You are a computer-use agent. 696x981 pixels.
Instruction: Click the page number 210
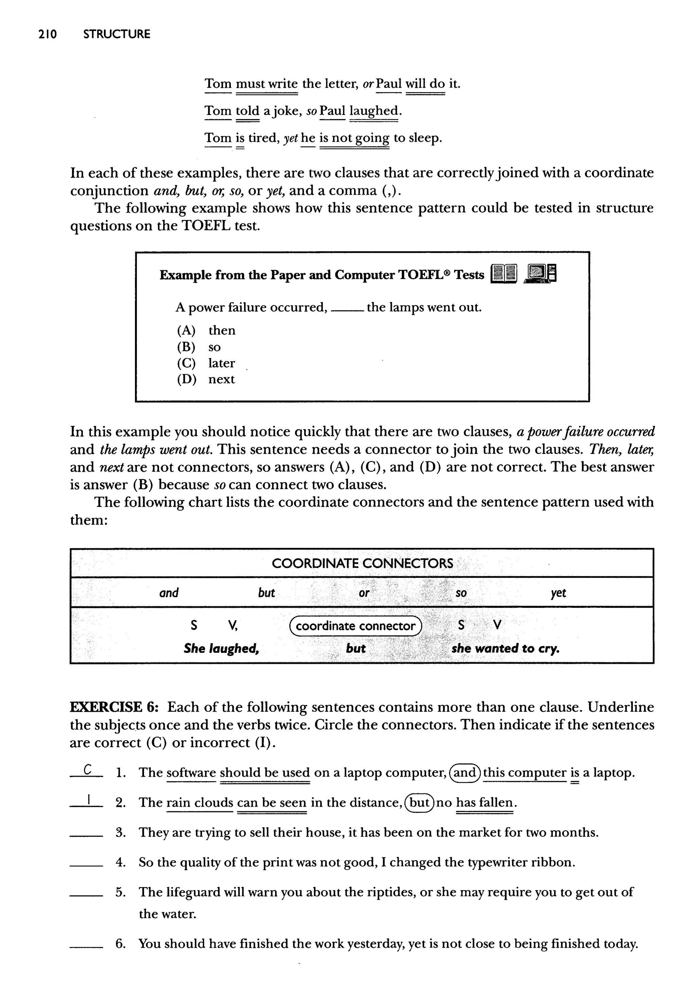47,34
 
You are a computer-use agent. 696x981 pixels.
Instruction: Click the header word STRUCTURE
117,34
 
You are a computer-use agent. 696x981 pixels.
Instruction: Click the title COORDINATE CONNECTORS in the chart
362,563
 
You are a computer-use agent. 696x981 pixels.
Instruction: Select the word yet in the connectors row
558,593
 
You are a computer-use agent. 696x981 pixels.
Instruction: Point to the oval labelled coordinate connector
356,626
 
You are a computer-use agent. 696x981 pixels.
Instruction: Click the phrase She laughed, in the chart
222,649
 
